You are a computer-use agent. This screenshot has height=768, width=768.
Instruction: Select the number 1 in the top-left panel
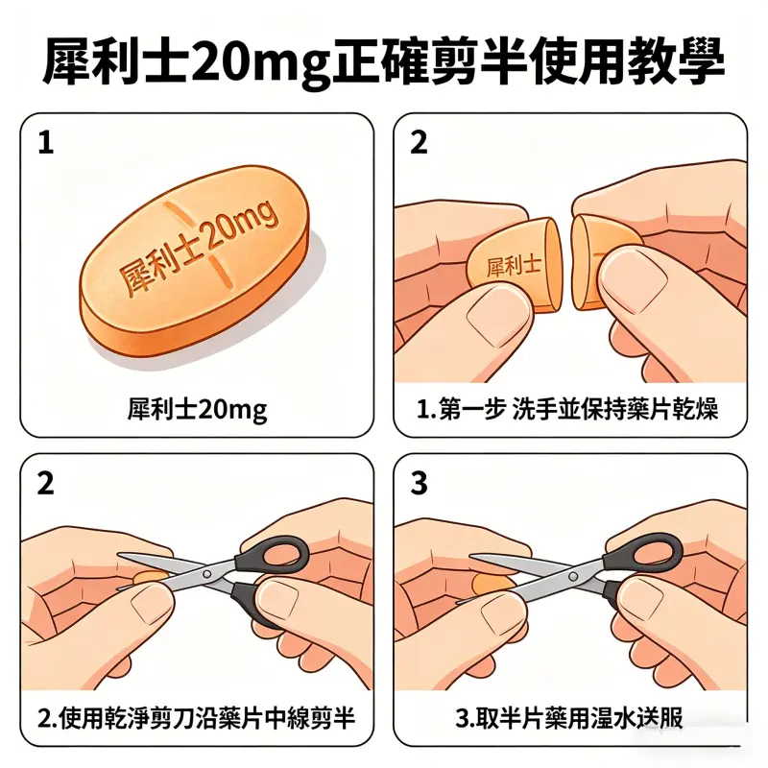click(45, 143)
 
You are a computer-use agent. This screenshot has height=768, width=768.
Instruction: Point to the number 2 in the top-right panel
click(419, 143)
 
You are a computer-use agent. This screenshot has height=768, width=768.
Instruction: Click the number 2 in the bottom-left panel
click(45, 484)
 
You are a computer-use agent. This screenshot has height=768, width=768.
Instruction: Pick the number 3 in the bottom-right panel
click(419, 484)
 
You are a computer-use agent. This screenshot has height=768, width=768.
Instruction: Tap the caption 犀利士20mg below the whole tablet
click(197, 410)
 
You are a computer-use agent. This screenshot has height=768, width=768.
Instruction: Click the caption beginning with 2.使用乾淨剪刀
click(197, 717)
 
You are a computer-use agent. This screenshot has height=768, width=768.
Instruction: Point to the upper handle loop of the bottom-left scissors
click(278, 554)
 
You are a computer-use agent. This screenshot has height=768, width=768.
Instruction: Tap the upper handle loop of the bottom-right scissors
click(653, 554)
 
